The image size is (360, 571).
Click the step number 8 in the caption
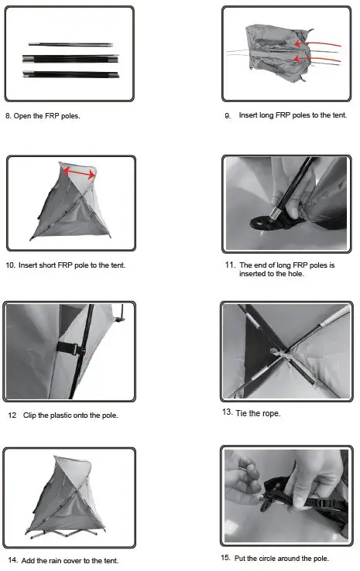(9, 116)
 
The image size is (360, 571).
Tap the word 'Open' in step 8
(24, 116)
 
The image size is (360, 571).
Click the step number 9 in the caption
(228, 115)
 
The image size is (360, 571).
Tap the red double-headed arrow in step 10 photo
(79, 172)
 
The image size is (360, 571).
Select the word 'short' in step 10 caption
(53, 265)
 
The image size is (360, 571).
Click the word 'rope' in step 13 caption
(269, 412)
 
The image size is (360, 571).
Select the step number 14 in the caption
(12, 560)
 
